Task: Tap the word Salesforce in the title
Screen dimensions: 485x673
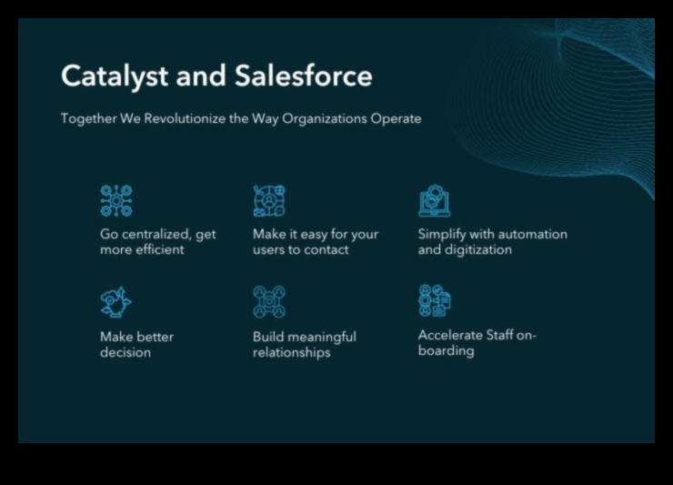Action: coord(303,76)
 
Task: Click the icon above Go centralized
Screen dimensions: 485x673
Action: coord(116,200)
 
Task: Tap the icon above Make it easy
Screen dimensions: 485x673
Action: coord(269,200)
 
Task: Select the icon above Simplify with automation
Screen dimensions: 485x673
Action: coord(434,200)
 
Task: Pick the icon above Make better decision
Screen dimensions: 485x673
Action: coord(116,301)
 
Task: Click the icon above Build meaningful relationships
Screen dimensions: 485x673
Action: coord(269,301)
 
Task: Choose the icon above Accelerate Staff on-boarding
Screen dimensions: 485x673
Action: coord(434,300)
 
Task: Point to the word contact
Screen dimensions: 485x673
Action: coord(326,249)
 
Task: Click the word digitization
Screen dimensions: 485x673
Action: coord(479,249)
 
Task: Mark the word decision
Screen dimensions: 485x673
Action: coord(125,352)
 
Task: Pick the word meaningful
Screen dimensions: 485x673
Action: coord(319,337)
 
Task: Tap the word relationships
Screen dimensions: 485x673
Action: coord(291,352)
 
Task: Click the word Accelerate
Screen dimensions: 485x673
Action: coord(450,335)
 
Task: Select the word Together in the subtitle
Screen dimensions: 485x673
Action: coord(88,118)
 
